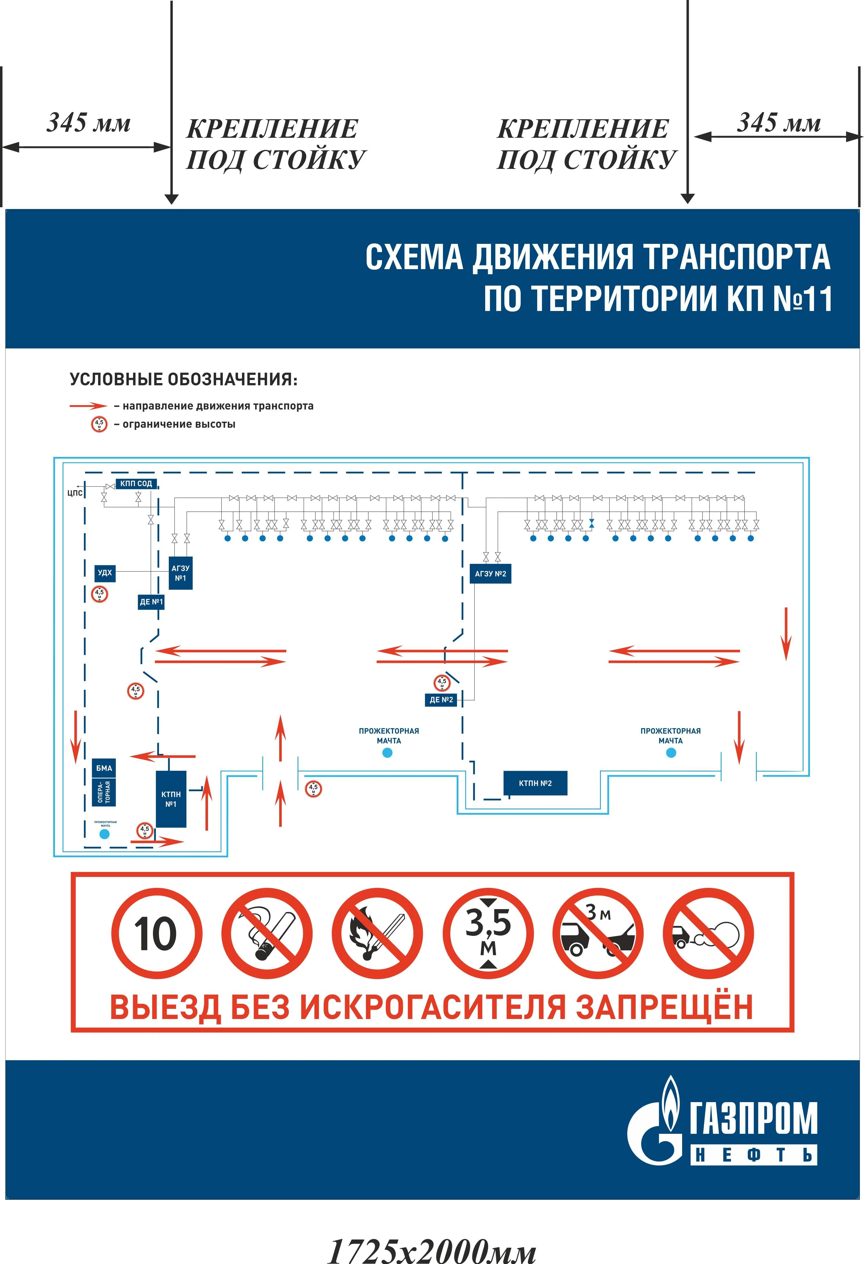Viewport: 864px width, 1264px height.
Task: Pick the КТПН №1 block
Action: point(171,798)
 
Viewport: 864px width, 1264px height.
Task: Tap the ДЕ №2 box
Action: point(441,700)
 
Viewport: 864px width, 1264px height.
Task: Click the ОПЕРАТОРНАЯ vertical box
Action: point(104,792)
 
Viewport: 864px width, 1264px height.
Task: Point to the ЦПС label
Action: point(75,493)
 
